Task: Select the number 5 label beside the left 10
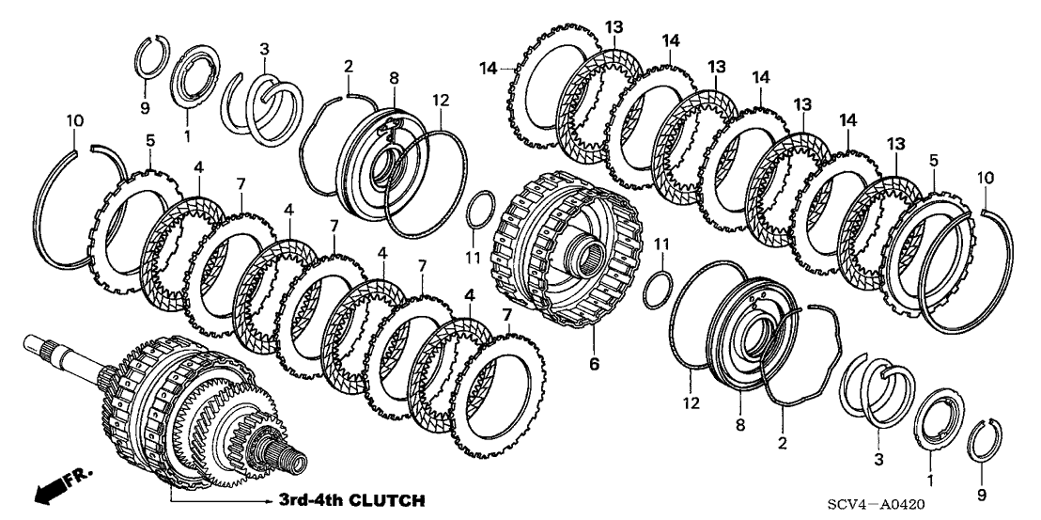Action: coord(149,142)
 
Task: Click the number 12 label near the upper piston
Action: coord(442,99)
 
